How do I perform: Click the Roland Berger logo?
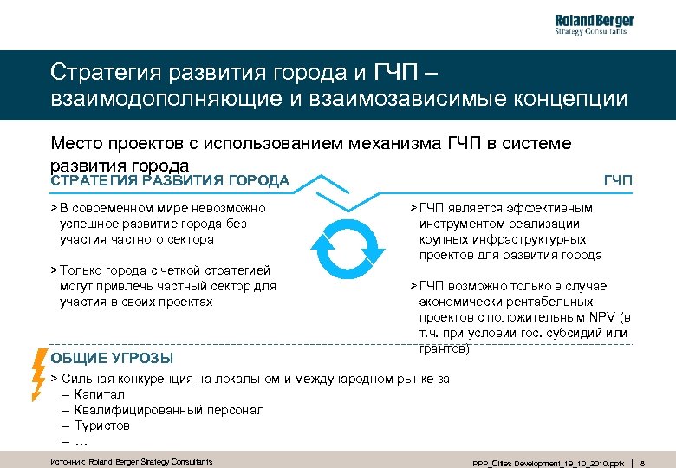pyautogui.click(x=594, y=25)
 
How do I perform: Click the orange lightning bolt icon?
pyautogui.click(x=38, y=373)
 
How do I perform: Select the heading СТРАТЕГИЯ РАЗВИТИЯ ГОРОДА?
pyautogui.click(x=170, y=180)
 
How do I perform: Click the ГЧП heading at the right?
pyautogui.click(x=618, y=180)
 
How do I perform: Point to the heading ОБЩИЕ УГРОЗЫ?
pyautogui.click(x=112, y=358)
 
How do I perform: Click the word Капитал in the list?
pyautogui.click(x=100, y=394)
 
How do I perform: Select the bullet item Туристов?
pyautogui.click(x=101, y=426)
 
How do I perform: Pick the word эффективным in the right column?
pyautogui.click(x=551, y=208)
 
